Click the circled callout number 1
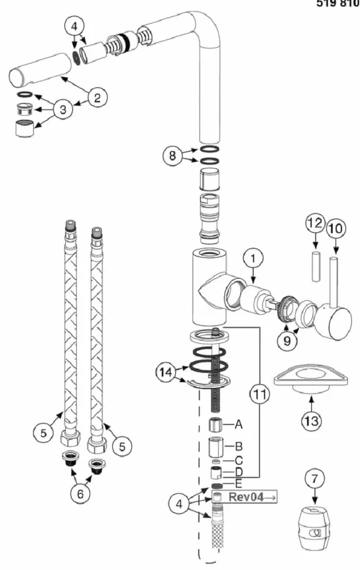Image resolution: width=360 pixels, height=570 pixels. point(253,258)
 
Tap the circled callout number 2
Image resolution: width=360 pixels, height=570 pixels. point(97,98)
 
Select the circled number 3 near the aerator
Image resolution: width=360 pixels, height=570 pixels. point(63,109)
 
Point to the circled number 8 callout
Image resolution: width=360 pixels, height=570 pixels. point(172,156)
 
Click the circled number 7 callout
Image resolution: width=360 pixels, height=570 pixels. point(315,479)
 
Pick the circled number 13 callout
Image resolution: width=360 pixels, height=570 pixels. point(312,421)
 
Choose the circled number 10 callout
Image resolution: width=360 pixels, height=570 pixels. point(336,228)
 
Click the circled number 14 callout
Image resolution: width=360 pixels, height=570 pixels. point(166,373)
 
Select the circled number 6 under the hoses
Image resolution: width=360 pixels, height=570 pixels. point(80,493)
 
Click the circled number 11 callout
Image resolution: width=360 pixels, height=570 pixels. point(259,394)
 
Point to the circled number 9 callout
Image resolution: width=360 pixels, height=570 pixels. point(287,341)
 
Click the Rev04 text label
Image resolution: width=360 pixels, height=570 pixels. point(245,497)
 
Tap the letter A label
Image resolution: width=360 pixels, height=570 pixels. point(238,424)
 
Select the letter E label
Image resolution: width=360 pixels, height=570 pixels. point(238,484)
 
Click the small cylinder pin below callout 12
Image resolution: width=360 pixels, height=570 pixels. point(316,266)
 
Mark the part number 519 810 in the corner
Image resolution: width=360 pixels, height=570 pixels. point(338,3)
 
